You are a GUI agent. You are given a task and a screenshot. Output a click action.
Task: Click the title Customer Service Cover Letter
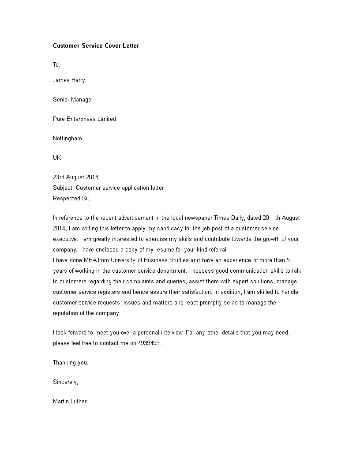[x=96, y=45]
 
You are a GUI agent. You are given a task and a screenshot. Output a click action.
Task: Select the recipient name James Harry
[x=69, y=80]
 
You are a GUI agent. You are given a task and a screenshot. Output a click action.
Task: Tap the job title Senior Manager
[x=73, y=99]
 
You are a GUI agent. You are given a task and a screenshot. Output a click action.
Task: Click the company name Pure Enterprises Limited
[x=84, y=119]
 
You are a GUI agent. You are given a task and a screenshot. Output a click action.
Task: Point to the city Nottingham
[x=67, y=138]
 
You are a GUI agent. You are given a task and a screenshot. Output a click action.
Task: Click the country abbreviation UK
[x=57, y=158]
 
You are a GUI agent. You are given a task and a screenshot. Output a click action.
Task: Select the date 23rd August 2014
[x=75, y=177]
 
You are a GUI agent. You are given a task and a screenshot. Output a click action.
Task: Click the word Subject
[x=63, y=188]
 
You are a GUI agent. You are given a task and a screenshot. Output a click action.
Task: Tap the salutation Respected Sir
[x=71, y=198]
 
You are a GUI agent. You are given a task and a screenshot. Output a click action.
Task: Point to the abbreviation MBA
[x=94, y=260]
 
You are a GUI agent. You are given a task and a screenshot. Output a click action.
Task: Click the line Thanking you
[x=71, y=362]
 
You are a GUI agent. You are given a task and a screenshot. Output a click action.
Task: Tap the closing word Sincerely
[x=65, y=382]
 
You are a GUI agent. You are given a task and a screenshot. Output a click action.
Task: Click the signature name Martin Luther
[x=70, y=401]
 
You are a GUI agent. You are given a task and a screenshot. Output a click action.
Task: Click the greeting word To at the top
[x=56, y=65]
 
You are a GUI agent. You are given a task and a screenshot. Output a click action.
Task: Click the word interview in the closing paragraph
[x=161, y=332]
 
